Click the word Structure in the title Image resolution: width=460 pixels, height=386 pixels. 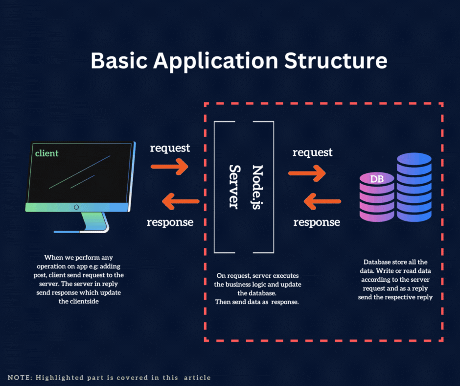[336, 61]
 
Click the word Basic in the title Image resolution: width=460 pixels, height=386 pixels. [119, 61]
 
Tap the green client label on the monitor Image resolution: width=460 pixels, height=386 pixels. [46, 153]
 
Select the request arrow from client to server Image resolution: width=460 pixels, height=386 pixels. [169, 167]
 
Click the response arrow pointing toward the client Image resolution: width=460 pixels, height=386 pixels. [181, 201]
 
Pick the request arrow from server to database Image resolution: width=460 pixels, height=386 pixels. [307, 173]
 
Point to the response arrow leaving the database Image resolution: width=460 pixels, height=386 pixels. [322, 201]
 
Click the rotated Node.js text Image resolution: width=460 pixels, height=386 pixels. [257, 187]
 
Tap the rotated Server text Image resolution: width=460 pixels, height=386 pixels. [234, 187]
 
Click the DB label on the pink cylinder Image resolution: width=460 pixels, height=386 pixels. [377, 179]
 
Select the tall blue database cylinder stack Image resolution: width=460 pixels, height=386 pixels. [414, 187]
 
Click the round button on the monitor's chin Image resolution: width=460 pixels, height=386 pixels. [76, 207]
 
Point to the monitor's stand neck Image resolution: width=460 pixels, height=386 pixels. [94, 221]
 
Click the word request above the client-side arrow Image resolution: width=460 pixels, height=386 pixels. [170, 148]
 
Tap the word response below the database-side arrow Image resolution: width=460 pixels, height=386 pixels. [317, 222]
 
